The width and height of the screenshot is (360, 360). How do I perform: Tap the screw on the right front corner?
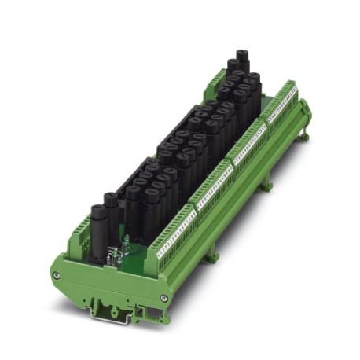tap(163, 298)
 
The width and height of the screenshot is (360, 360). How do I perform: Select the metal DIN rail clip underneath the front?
tap(109, 307)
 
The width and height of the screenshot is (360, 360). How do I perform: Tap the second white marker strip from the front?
tap(213, 188)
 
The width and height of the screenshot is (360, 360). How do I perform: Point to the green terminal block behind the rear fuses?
tap(216, 78)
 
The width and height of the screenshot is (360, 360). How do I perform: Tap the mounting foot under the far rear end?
tap(302, 138)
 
